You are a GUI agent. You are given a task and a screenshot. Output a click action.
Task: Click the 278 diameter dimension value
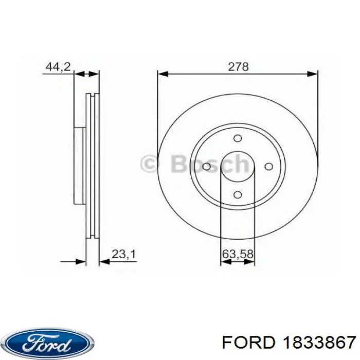(238, 66)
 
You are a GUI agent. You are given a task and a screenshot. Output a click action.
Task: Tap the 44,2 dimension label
(58, 66)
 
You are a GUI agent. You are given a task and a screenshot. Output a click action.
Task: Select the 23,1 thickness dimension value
(123, 253)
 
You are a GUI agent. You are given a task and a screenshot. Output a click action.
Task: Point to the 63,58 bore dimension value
(238, 253)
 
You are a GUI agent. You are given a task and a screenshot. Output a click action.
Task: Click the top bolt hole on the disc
(237, 138)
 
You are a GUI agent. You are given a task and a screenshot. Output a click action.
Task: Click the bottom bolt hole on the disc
(237, 194)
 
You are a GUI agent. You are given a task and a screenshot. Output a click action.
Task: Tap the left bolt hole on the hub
(207, 167)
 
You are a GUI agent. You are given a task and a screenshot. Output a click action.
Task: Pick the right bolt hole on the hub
(267, 167)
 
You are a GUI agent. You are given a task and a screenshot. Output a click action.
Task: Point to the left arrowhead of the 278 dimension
(163, 74)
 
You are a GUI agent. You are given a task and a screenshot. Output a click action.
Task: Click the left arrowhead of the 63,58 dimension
(225, 262)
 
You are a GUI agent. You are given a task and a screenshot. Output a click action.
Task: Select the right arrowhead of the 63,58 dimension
(250, 262)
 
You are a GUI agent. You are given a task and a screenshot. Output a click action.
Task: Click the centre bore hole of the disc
(237, 167)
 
